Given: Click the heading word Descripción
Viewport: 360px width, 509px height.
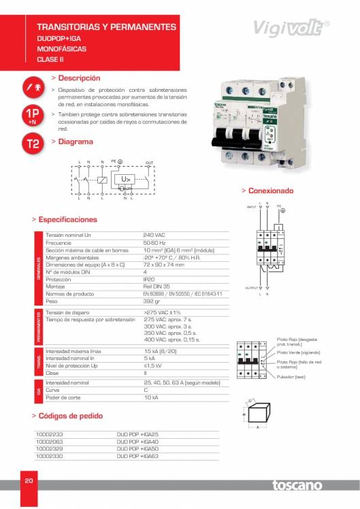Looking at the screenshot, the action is [79, 78].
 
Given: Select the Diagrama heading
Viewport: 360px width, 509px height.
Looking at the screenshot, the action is [76, 142].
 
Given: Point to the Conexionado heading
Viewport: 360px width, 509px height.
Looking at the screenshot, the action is [270, 191].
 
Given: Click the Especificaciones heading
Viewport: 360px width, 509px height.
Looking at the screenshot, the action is [67, 220].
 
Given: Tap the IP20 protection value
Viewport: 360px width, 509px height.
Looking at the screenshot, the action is [150, 280].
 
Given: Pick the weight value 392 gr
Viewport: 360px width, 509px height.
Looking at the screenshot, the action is [152, 301].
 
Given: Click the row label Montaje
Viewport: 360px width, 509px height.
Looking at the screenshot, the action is [55, 286].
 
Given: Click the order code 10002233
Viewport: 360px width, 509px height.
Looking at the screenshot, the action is [49, 434].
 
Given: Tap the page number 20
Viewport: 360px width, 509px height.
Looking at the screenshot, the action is [29, 481].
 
